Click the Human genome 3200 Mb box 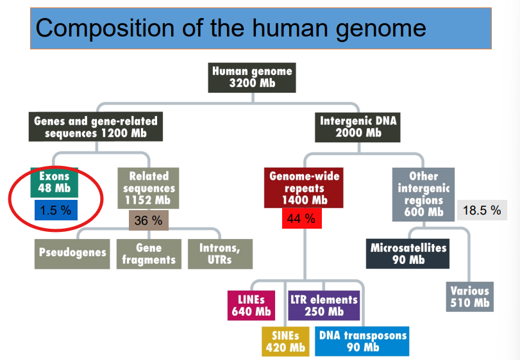click(251, 78)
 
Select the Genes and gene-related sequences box click(96, 127)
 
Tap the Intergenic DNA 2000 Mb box click(358, 127)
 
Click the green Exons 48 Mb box click(54, 182)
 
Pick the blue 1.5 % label click(55, 210)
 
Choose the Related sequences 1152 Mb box click(149, 188)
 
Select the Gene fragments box click(149, 254)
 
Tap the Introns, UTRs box click(221, 254)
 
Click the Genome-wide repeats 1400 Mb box click(305, 188)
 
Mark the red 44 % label click(301, 219)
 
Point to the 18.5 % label click(482, 210)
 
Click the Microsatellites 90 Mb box click(408, 254)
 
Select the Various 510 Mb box click(469, 297)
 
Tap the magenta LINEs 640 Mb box click(251, 306)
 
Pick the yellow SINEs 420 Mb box click(285, 341)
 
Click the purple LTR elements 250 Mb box click(324, 306)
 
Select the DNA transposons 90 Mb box click(363, 341)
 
